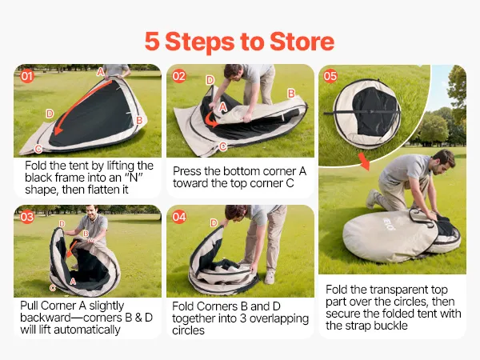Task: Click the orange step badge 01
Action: [x=27, y=76]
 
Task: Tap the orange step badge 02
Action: [x=178, y=76]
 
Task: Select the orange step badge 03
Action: [x=27, y=217]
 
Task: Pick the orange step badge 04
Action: [x=178, y=217]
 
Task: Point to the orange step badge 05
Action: [x=330, y=76]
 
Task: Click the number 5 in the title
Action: [x=152, y=42]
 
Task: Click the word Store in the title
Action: [x=302, y=42]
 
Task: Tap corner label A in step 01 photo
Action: [x=101, y=72]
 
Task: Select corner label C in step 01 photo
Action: [x=38, y=149]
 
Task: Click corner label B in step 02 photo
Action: [x=291, y=94]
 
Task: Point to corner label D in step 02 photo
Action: [x=210, y=80]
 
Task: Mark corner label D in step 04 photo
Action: [x=214, y=223]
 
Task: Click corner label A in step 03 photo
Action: [x=73, y=282]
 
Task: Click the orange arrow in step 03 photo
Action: [x=72, y=249]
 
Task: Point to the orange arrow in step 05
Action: [x=364, y=161]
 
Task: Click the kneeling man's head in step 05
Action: [x=443, y=161]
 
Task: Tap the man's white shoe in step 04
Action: [x=270, y=277]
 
